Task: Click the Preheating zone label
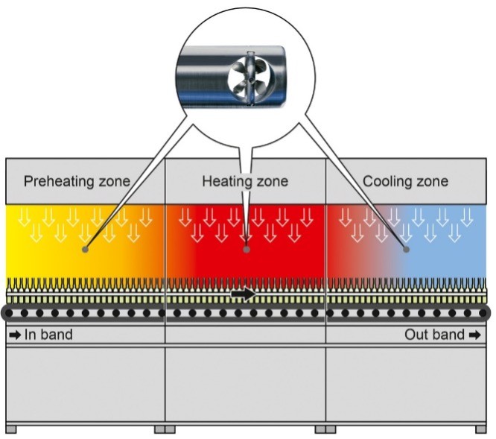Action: pos(77,181)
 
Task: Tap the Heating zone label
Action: pos(245,181)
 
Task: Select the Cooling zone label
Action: pos(405,181)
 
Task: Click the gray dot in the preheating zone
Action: pos(86,249)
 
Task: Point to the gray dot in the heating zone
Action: pos(247,250)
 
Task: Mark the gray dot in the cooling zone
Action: pos(407,250)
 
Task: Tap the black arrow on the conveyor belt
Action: pos(243,295)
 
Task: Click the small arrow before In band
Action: pos(15,335)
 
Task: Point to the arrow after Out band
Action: pos(474,335)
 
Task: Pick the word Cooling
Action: pos(388,181)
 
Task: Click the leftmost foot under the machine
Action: pos(10,429)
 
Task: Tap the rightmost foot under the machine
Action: pos(482,429)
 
